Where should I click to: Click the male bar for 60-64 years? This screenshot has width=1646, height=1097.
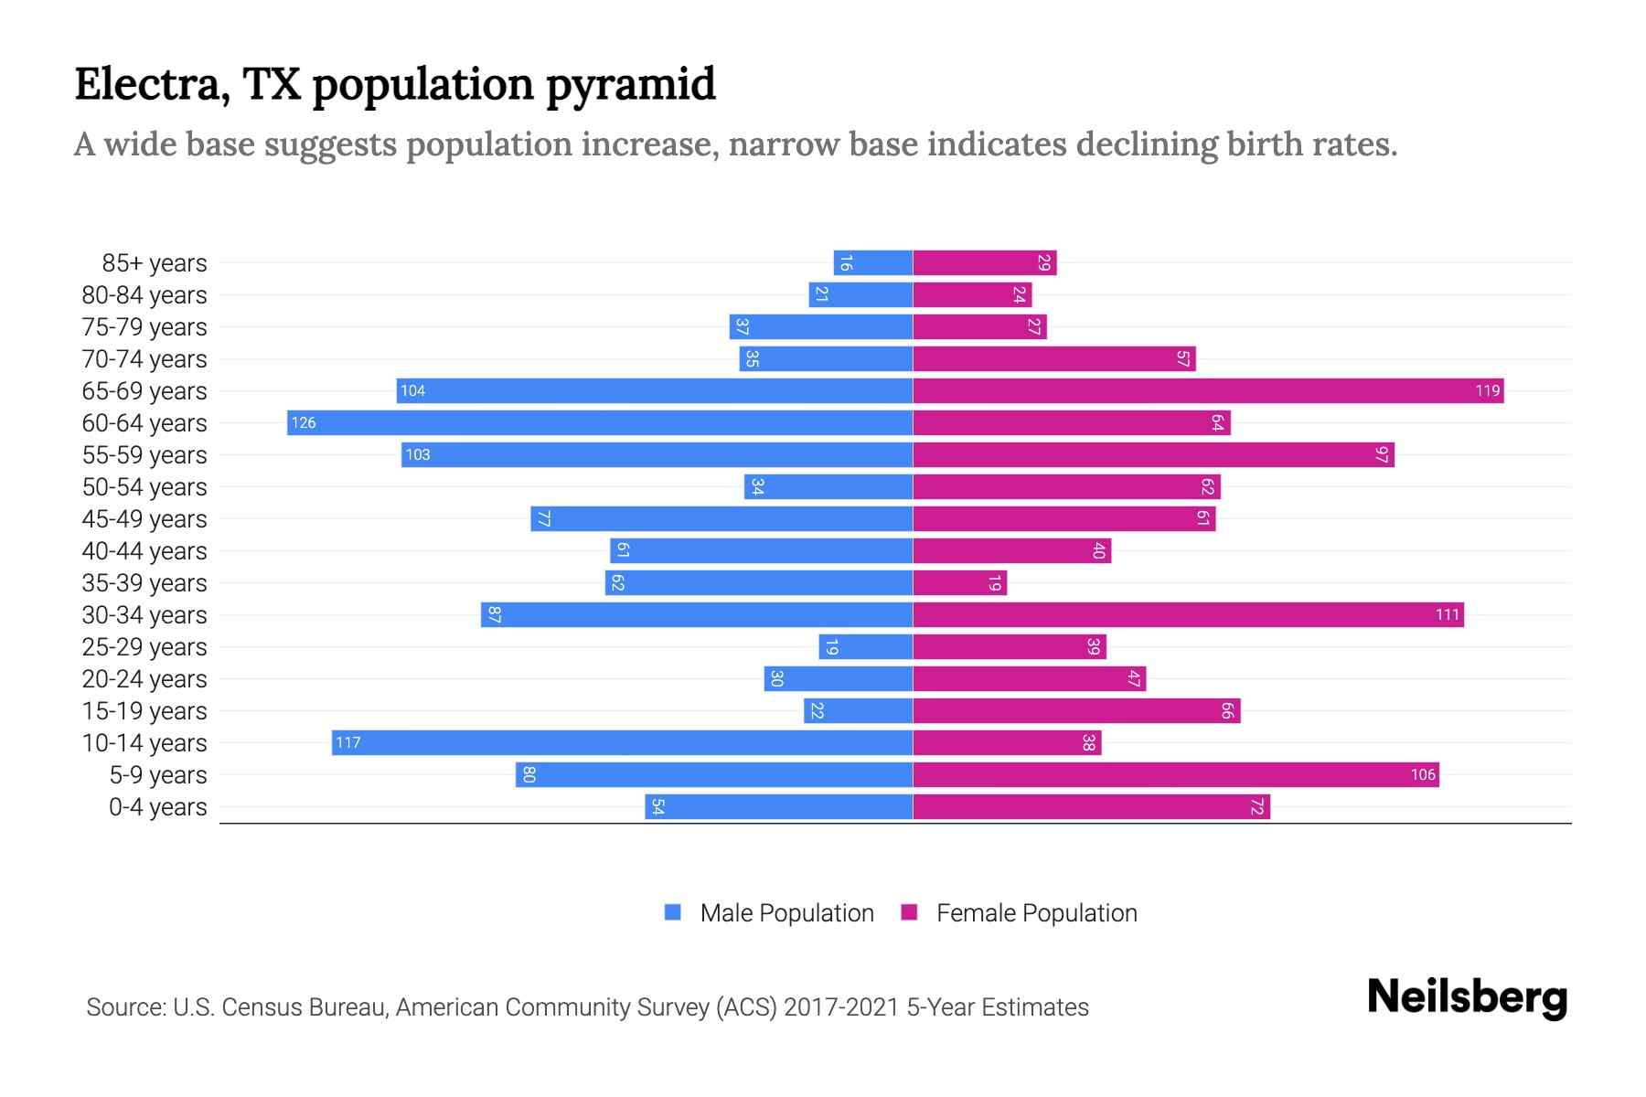[600, 422]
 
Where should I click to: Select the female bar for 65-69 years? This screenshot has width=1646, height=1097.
[1207, 390]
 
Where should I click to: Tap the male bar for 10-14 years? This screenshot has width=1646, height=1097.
[622, 742]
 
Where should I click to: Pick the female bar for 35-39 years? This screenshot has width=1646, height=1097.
[959, 582]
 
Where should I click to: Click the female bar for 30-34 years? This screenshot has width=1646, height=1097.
[1188, 614]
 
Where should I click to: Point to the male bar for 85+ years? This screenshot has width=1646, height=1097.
[873, 262]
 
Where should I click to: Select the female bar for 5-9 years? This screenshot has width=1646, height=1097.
[1175, 774]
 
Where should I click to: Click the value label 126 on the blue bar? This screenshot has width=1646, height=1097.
[304, 422]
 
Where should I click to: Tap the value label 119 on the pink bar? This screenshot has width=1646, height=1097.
[1487, 390]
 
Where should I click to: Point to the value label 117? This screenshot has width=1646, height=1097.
[347, 742]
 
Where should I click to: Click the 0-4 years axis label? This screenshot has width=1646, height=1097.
[157, 807]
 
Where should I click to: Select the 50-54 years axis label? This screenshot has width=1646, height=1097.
[144, 487]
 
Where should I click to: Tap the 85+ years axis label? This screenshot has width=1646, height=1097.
[155, 263]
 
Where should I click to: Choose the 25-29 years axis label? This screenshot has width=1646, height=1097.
[144, 647]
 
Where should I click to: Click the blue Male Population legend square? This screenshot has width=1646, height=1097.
[673, 912]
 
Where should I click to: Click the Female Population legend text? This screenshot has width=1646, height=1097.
[1036, 912]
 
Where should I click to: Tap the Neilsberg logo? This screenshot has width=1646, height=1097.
[1467, 997]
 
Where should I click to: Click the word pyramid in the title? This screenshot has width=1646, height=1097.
[631, 85]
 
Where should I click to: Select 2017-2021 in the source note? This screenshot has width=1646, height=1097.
[840, 1007]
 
